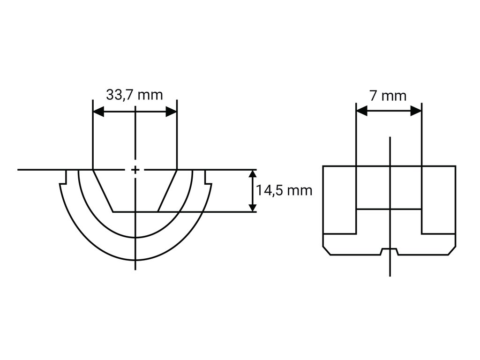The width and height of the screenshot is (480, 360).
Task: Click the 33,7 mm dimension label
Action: click(135, 95)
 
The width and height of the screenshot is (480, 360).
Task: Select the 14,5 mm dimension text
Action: click(284, 190)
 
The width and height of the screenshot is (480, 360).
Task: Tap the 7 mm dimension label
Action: click(388, 96)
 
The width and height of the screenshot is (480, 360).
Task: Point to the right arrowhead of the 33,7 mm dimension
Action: click(171, 112)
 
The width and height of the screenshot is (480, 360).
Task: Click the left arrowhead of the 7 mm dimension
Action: click(361, 111)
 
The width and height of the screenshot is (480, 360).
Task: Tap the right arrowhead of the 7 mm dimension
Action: click(416, 111)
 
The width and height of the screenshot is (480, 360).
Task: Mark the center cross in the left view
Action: click(135, 169)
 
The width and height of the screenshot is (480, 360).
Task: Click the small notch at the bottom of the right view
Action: click(390, 251)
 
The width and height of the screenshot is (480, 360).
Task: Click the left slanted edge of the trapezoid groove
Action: click(103, 190)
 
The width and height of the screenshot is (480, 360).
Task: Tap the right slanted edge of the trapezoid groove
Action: click(167, 190)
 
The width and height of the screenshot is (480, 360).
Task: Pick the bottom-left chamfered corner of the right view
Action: click(327, 251)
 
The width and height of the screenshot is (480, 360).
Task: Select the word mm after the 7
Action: click(394, 96)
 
